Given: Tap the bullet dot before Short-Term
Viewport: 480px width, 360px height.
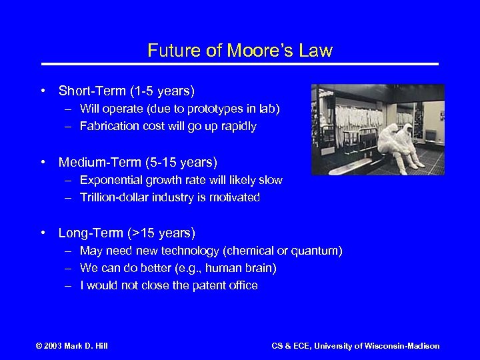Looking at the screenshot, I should click(43, 90).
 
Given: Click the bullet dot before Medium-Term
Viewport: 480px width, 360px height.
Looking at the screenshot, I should click(43, 162).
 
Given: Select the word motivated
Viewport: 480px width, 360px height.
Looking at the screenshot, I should click(236, 198).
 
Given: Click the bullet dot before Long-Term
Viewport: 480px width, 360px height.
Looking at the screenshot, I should click(43, 233).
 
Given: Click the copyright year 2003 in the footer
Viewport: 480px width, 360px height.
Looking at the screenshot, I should click(51, 346).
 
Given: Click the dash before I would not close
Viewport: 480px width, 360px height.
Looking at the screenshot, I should click(69, 286).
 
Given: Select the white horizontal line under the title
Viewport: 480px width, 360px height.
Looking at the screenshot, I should click(240, 64).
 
